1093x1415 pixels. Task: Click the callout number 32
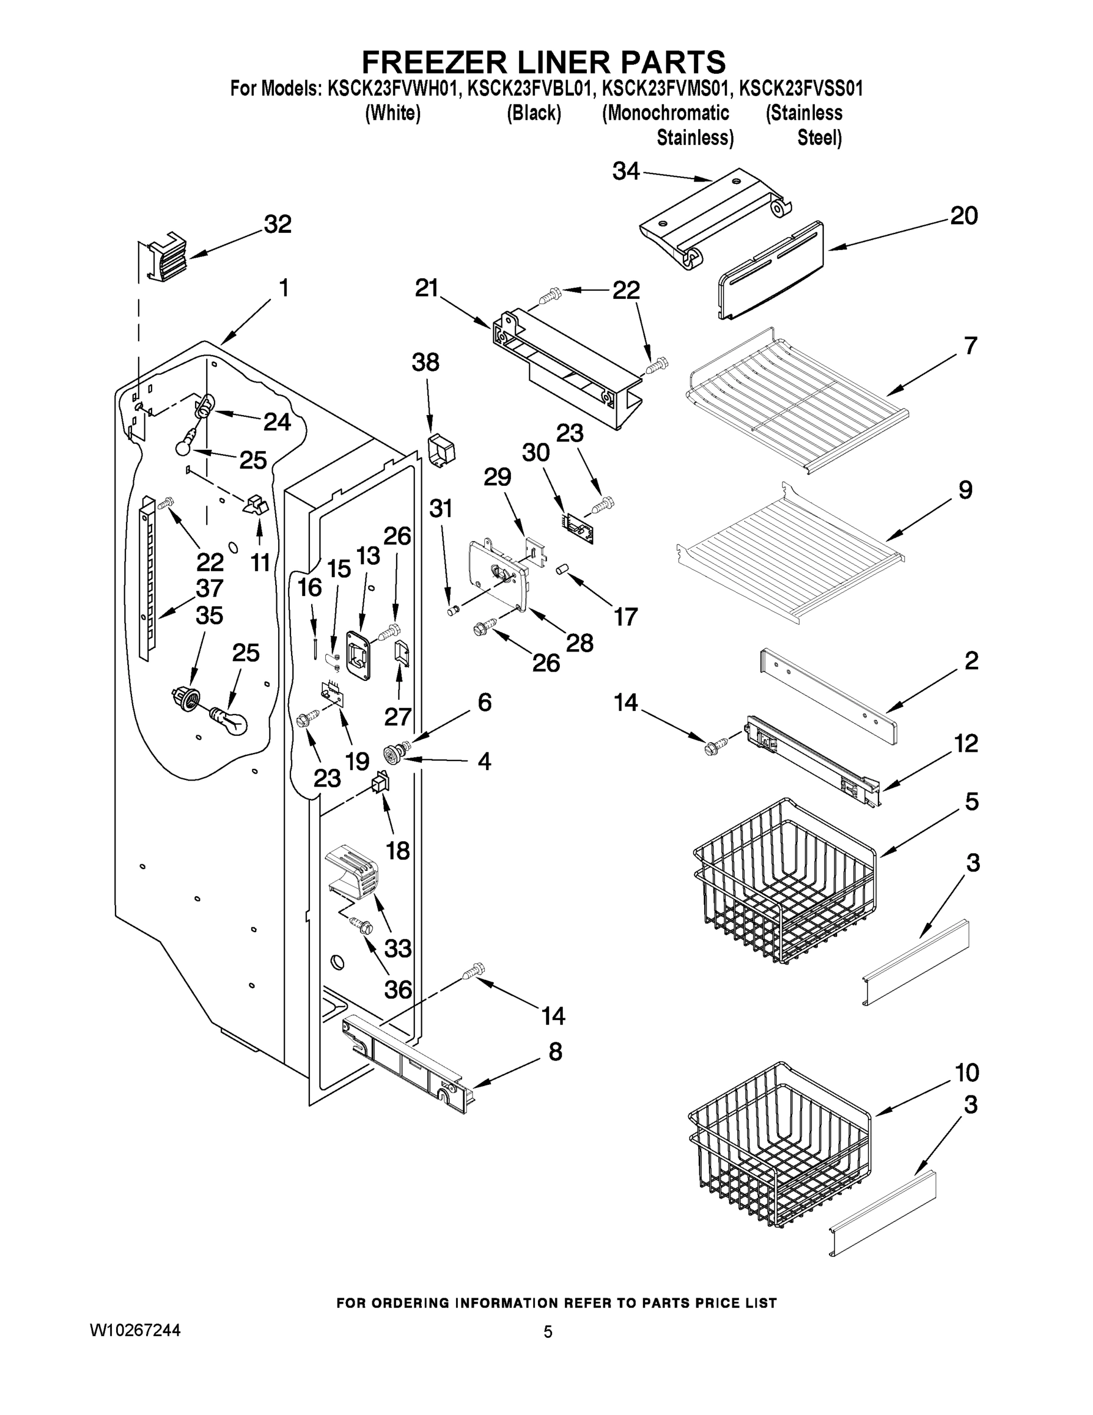278,225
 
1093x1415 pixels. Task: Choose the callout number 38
425,363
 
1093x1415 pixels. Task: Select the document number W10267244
135,1331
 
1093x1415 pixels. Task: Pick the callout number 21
427,288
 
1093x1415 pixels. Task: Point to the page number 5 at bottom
548,1332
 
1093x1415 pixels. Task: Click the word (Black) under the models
534,113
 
